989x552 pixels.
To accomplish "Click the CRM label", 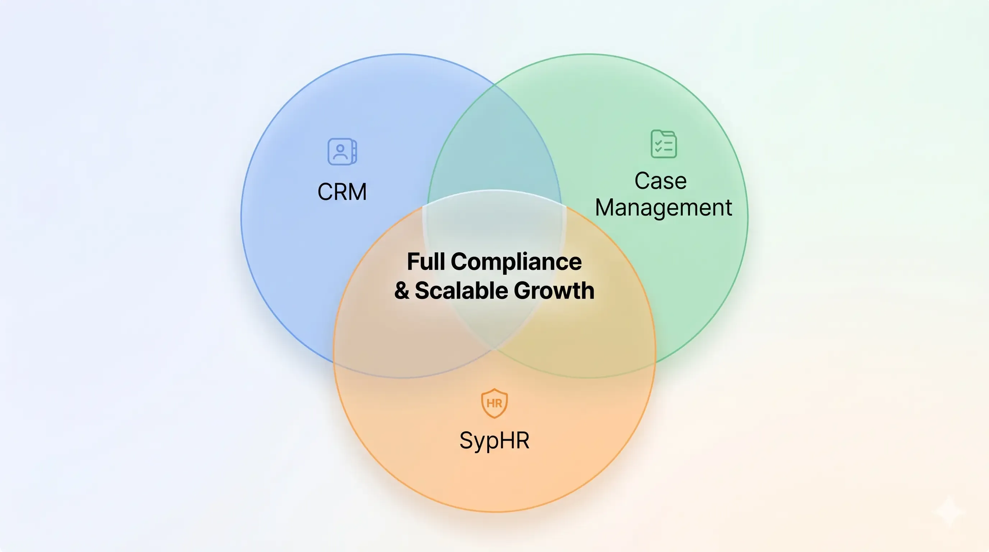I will click(x=342, y=192).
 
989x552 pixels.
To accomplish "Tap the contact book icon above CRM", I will click(x=342, y=152).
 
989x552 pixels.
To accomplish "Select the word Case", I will click(x=661, y=181).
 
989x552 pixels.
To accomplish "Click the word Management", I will click(x=663, y=208).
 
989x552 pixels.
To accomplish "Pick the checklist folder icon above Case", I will click(x=664, y=144).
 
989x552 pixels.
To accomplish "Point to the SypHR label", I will click(x=494, y=440).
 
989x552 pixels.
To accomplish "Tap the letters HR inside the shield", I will click(x=494, y=404).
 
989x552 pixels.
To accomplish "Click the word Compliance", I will click(x=516, y=263).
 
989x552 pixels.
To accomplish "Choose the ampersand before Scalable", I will click(x=401, y=291).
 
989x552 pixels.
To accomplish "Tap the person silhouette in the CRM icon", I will click(x=340, y=152).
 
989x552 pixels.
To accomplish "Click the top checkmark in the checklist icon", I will click(x=658, y=143).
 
